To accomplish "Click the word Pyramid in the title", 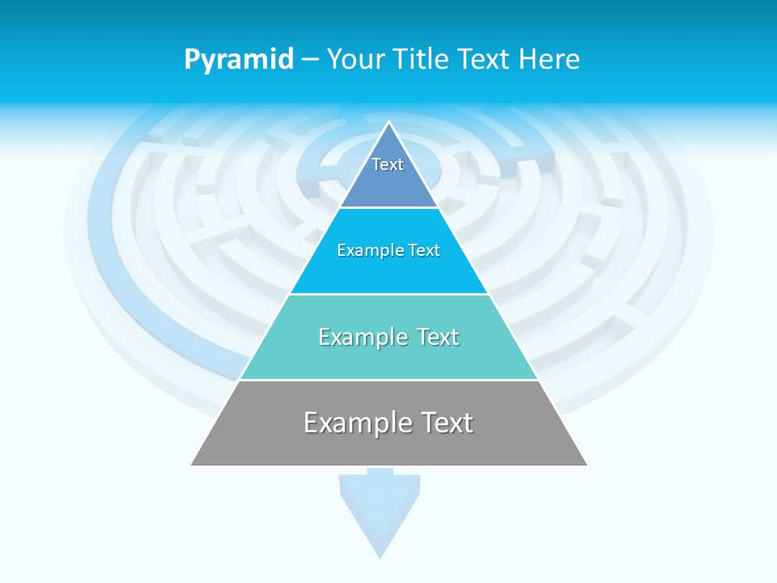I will [239, 59].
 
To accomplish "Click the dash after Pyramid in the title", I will [309, 60].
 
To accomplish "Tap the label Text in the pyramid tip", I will [388, 164].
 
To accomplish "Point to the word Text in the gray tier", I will [443, 423].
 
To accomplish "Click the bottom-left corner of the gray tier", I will [192, 465].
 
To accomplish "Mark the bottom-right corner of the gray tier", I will [587, 465].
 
